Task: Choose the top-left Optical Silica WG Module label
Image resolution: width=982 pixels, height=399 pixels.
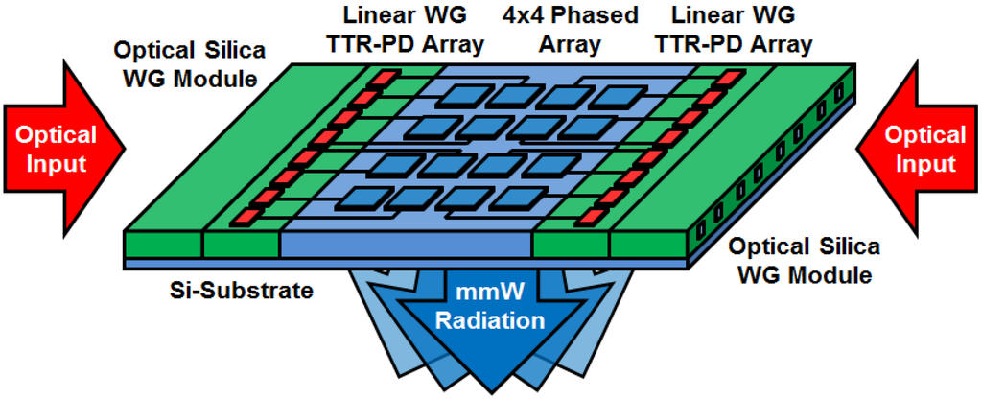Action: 187,63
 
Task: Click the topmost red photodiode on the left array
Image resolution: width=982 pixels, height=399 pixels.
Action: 384,77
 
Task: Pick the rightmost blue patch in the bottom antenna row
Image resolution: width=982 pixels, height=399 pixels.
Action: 516,199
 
